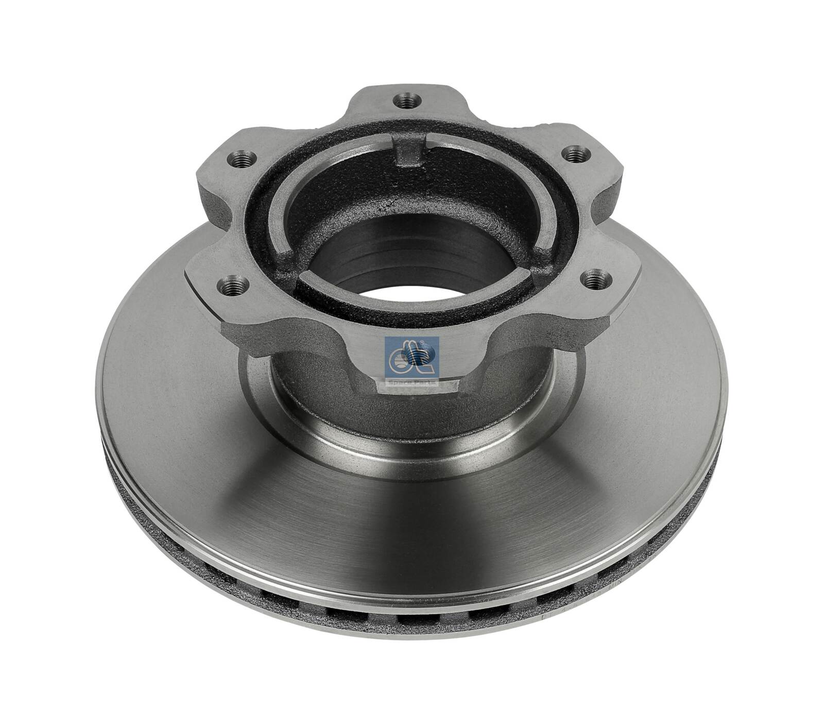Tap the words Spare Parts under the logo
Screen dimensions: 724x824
pyautogui.click(x=411, y=383)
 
